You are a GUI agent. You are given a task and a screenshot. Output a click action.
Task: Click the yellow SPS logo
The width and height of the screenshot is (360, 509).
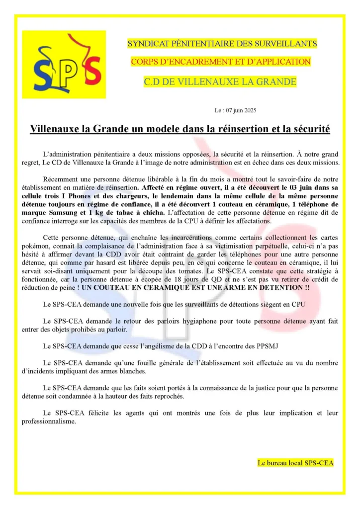tap(64, 64)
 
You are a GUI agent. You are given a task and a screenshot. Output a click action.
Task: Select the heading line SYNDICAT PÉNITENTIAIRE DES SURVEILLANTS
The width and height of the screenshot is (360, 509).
tap(222, 44)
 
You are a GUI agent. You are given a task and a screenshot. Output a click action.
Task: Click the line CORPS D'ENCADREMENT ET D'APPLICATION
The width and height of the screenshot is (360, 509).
tap(221, 62)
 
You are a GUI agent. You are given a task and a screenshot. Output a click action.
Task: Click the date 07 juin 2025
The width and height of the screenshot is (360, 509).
tap(242, 110)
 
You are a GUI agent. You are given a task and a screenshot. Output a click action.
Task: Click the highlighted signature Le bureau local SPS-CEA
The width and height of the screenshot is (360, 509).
tap(295, 463)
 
